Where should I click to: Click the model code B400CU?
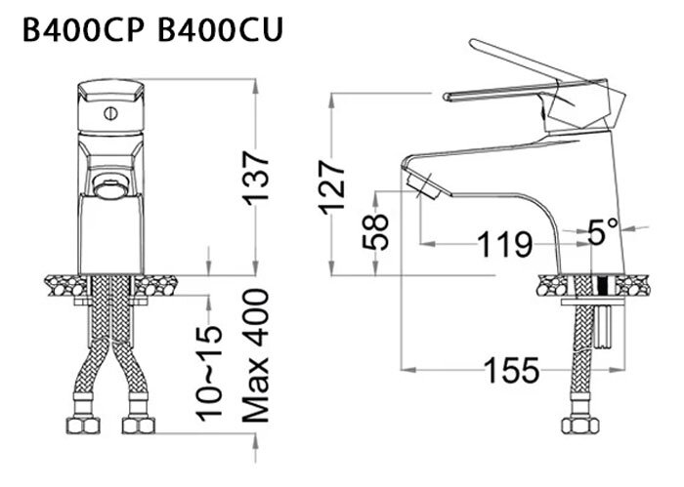point(218,31)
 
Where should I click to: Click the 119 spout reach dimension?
point(504,243)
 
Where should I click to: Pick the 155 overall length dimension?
point(510,370)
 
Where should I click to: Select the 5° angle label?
point(603,232)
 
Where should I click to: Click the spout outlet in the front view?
point(108,184)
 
